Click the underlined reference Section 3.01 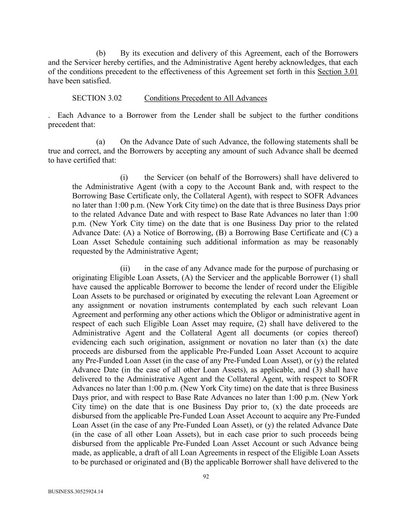tap(337, 72)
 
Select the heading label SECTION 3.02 tap(97, 98)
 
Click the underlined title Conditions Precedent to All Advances tap(205, 98)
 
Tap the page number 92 tap(206, 477)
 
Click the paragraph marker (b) tap(101, 53)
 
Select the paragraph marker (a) tap(101, 142)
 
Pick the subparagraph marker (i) tap(124, 177)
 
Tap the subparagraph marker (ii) tap(125, 269)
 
